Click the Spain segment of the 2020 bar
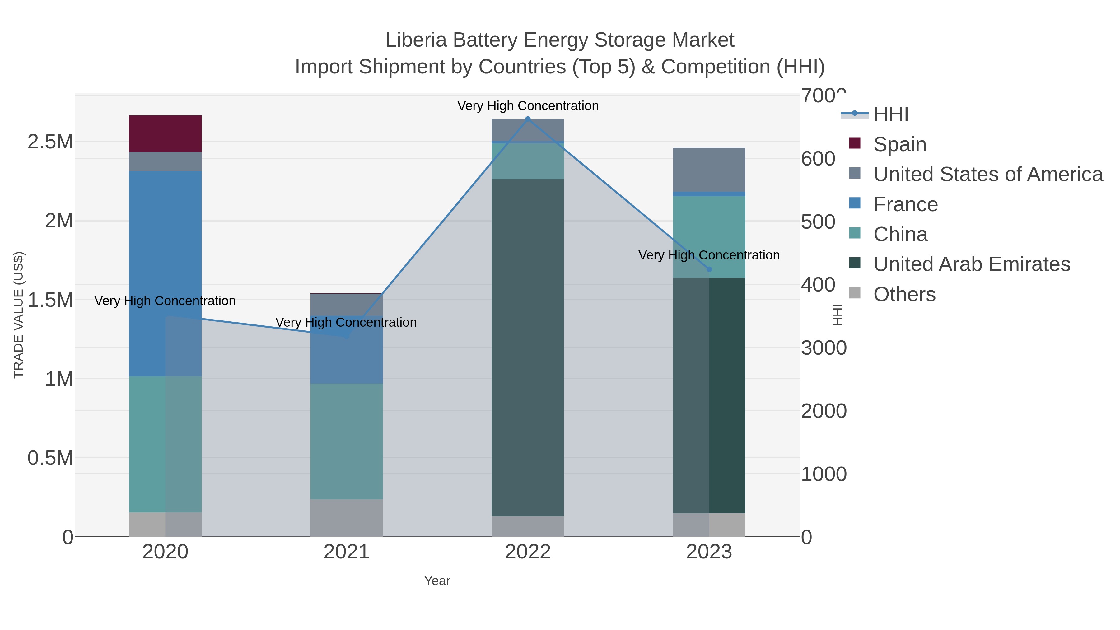pyautogui.click(x=165, y=133)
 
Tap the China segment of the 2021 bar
pyautogui.click(x=347, y=441)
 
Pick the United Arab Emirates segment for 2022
pyautogui.click(x=527, y=348)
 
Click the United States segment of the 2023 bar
pyautogui.click(x=709, y=169)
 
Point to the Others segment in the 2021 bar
pyautogui.click(x=347, y=517)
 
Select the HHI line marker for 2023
pyautogui.click(x=709, y=269)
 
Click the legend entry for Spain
pyautogui.click(x=899, y=144)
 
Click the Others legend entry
pyautogui.click(x=904, y=294)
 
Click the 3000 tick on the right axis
pyautogui.click(x=824, y=348)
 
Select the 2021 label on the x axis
pyautogui.click(x=347, y=552)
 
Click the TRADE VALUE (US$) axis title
pyautogui.click(x=18, y=315)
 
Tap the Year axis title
pyautogui.click(x=437, y=581)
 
